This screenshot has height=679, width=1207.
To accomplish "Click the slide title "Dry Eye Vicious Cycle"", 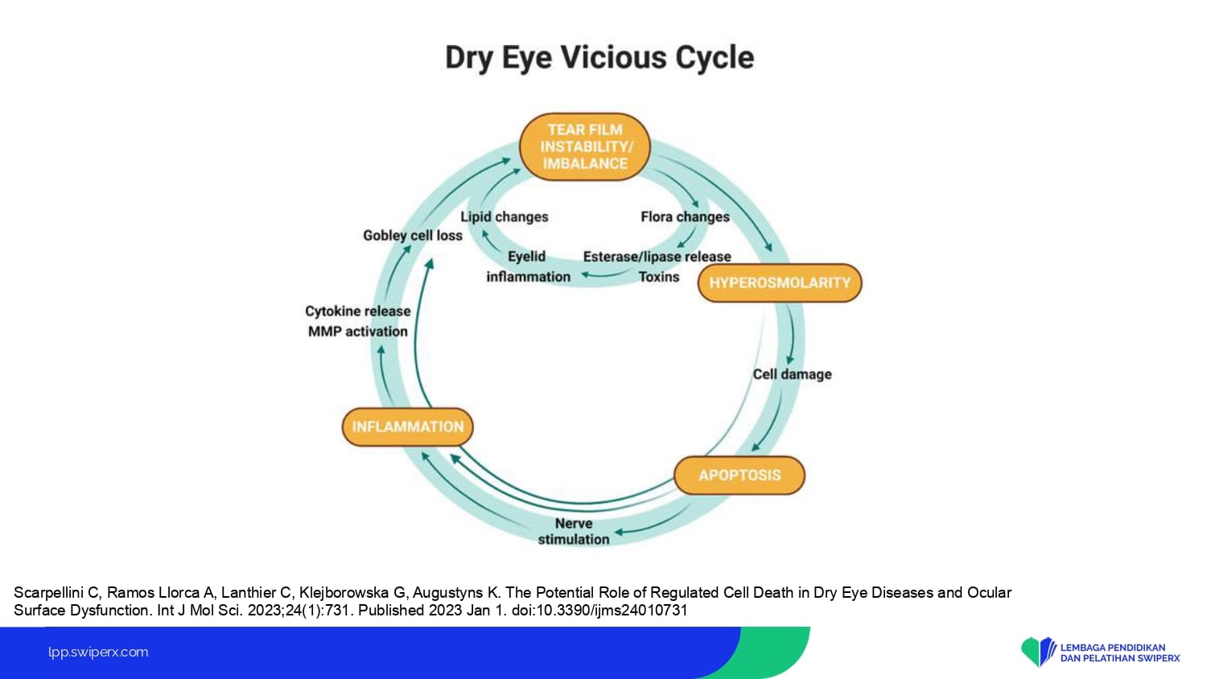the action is [599, 58].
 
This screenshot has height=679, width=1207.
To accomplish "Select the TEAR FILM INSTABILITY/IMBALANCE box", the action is [585, 146].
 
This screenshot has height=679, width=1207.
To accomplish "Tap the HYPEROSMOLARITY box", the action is [780, 283].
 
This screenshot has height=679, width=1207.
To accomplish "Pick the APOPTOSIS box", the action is [739, 475].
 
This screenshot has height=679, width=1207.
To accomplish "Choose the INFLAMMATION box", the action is [408, 427].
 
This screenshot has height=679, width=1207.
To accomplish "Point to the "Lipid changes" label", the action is [505, 216].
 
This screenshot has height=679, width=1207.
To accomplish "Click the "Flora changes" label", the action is [685, 216].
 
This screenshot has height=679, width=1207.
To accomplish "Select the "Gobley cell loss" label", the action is [413, 236].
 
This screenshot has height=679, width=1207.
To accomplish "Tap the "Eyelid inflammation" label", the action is [528, 266].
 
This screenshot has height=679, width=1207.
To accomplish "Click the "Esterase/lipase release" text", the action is [657, 257].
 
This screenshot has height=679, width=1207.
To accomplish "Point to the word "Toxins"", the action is [659, 277].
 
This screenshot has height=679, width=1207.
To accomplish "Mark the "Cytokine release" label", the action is [358, 311].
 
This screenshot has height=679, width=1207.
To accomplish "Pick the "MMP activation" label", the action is [358, 331].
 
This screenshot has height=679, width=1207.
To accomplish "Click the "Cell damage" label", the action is [792, 374].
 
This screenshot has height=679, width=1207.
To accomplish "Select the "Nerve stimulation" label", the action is [574, 531].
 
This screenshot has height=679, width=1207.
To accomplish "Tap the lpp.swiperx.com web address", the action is [98, 652].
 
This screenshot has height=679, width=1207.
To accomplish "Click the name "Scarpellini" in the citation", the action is [48, 593].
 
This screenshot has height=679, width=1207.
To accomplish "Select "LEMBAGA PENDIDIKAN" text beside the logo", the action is [1113, 647].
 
